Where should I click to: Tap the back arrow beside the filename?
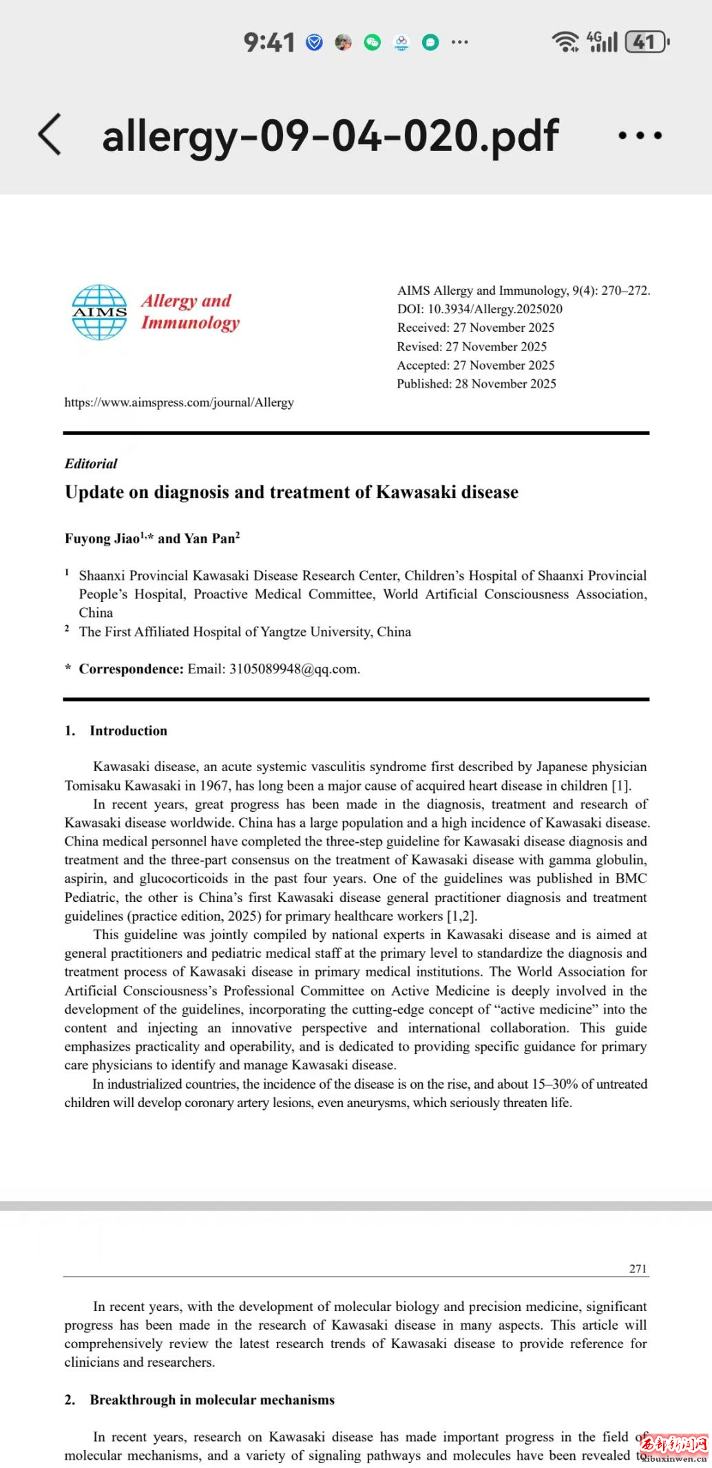coord(50,134)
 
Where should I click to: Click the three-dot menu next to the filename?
coord(640,136)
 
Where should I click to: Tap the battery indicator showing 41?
coord(646,43)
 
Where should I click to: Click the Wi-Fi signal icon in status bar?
coord(565,42)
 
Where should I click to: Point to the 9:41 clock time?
coord(269,43)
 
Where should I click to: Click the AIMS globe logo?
coord(100,313)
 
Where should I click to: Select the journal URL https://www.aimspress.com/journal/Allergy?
coord(179,402)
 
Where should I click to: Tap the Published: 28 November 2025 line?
coord(477,384)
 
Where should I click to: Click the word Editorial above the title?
coord(91,463)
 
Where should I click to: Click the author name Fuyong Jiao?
coord(103,538)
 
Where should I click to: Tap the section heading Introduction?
coord(128,731)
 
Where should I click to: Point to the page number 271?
coord(638,1268)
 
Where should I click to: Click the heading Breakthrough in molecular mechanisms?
coord(212,1400)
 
